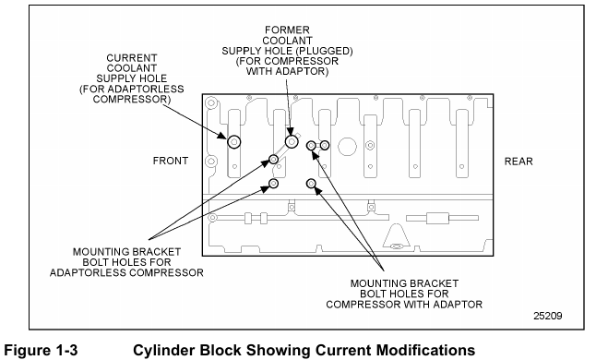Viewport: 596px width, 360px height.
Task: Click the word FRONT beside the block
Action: tap(171, 161)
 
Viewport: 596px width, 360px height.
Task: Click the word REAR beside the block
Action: tap(519, 162)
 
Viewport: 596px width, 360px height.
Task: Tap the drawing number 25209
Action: tap(548, 316)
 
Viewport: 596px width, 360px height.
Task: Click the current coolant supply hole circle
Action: tap(234, 142)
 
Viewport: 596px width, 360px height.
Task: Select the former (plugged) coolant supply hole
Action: tap(292, 142)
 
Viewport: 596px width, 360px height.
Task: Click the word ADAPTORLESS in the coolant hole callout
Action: tap(146, 89)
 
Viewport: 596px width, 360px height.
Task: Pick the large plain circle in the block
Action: tap(348, 147)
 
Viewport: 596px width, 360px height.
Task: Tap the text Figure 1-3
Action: tap(41, 350)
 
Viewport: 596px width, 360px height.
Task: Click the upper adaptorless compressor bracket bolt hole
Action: tap(273, 160)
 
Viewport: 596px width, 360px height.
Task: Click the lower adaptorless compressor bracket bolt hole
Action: tap(273, 184)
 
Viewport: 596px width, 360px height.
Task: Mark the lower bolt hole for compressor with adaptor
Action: tap(311, 184)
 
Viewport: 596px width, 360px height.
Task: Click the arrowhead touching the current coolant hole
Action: tap(223, 136)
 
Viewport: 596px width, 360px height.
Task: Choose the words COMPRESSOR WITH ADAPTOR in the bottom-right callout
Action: tap(404, 305)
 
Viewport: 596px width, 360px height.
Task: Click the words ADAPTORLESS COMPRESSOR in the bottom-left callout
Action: tap(126, 272)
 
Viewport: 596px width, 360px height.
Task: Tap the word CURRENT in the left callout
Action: tap(132, 58)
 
